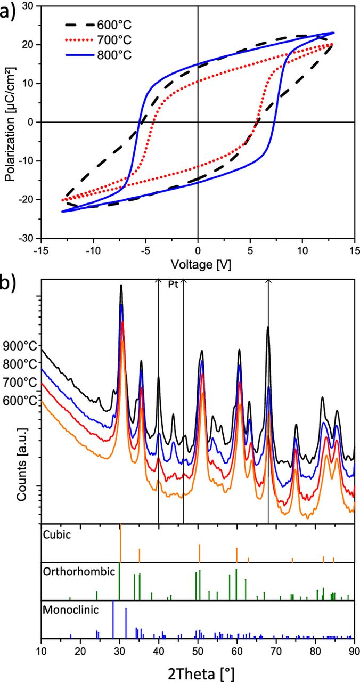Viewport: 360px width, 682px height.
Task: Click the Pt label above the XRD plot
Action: (171, 283)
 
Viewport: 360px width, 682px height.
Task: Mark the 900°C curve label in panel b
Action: (19, 346)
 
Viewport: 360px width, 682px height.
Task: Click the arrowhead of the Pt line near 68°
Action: (268, 281)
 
